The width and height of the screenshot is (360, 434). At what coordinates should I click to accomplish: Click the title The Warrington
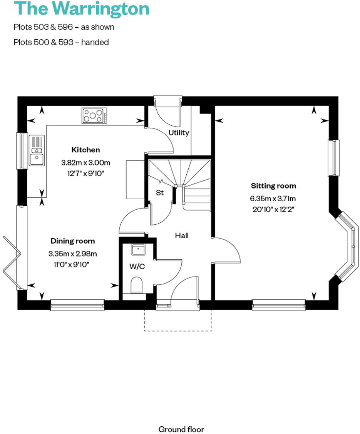pos(81,9)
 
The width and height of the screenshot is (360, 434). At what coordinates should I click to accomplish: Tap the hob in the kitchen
pos(94,116)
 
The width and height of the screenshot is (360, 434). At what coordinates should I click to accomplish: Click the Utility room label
pos(179,133)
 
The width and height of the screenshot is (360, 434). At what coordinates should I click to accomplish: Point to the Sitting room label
pos(273,186)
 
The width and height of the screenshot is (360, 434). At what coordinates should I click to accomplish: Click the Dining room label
pos(72,241)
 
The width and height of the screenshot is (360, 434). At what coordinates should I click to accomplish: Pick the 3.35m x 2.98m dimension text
pos(72,254)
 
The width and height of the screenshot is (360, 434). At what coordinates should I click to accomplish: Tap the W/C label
pos(137,266)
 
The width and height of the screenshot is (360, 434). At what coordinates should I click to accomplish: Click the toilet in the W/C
pos(137,286)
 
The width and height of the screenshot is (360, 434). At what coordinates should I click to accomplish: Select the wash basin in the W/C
pos(137,250)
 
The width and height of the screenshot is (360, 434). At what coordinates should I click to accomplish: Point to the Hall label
pos(182,235)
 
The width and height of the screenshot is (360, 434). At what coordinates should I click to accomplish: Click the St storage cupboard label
pos(159,192)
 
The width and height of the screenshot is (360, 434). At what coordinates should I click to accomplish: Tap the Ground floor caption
pos(181,429)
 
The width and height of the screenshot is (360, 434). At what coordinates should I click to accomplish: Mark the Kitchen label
pos(85,150)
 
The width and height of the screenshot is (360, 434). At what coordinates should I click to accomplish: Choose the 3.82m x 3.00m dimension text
pos(85,163)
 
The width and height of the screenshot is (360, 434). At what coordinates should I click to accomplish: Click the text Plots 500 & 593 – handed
pos(61,42)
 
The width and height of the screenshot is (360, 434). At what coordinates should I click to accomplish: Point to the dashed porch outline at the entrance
pos(177,330)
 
